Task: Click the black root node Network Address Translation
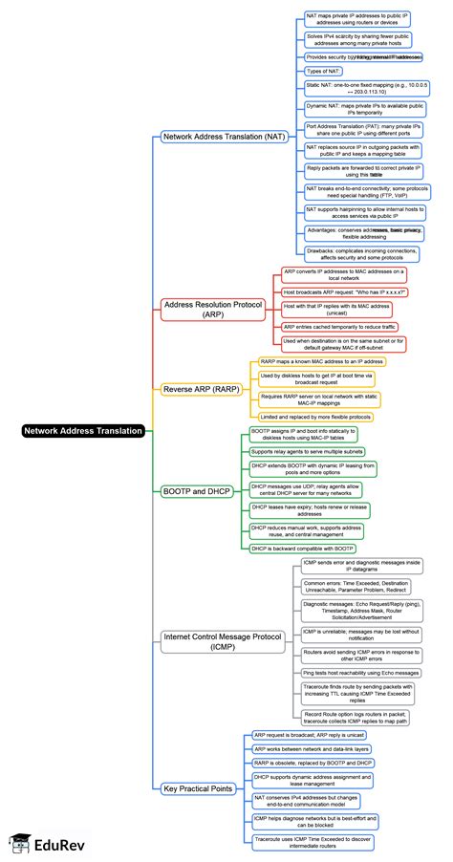click(x=84, y=431)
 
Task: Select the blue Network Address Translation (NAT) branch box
click(x=223, y=138)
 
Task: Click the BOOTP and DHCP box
click(x=196, y=492)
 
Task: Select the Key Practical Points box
click(x=198, y=787)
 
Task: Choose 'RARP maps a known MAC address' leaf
click(x=321, y=362)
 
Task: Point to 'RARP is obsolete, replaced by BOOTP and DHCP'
click(x=313, y=762)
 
